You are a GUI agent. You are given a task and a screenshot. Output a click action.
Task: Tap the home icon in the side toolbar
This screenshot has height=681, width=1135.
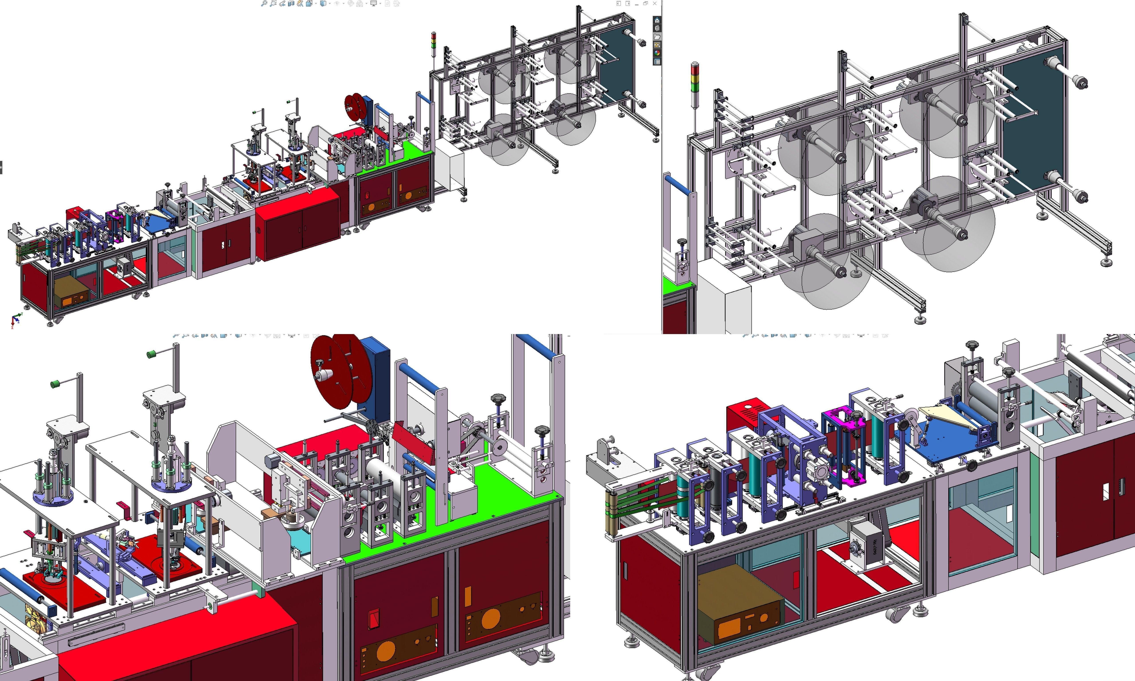(x=657, y=20)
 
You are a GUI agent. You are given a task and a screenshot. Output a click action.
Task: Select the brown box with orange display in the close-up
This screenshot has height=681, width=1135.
(x=739, y=605)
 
